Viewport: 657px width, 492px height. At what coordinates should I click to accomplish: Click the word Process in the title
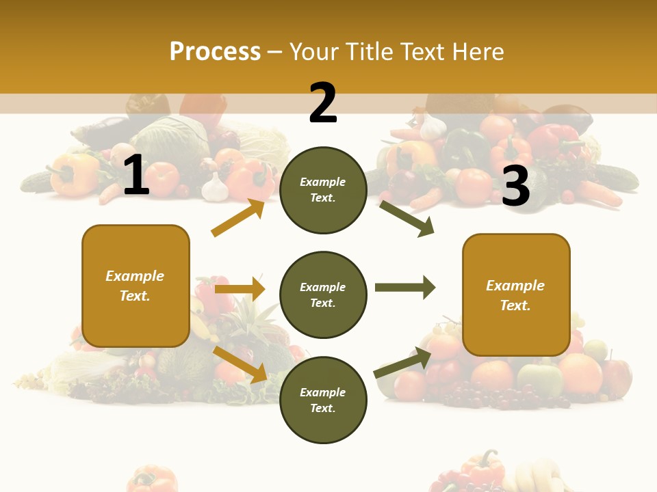tap(215, 51)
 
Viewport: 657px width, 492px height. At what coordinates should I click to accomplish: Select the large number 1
tap(136, 175)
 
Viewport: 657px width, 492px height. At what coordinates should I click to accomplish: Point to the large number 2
tap(323, 102)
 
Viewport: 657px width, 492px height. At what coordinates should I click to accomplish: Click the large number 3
tap(516, 186)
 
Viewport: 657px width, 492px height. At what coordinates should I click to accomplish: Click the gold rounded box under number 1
tap(136, 286)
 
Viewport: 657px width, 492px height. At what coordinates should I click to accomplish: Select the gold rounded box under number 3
tap(516, 295)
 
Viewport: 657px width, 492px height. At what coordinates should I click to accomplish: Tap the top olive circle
tap(323, 190)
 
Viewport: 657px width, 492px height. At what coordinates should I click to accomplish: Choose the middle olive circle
tap(323, 295)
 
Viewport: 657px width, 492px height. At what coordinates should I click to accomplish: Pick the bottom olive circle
tap(323, 400)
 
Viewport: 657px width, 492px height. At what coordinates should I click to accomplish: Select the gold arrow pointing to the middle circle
tap(240, 289)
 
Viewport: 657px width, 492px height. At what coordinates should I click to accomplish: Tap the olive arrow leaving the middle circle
tap(405, 287)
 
